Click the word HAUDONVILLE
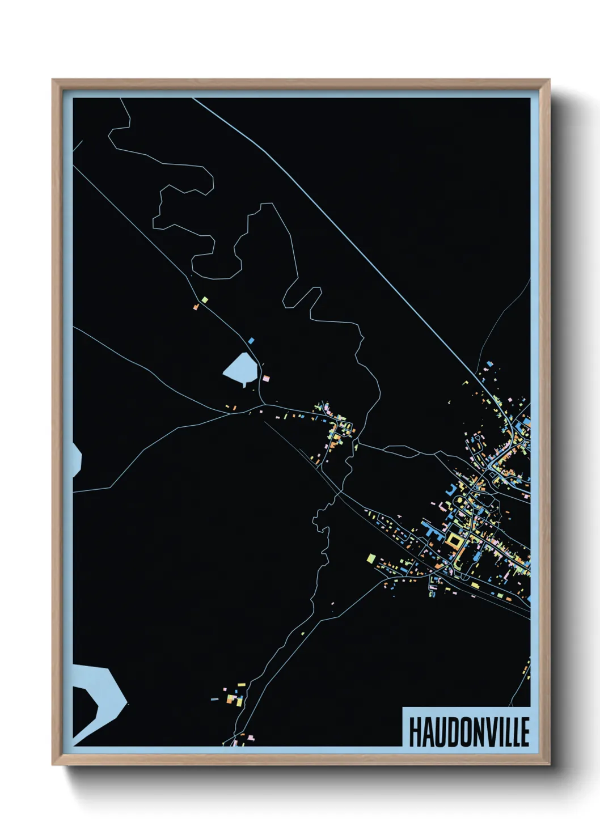tap(468, 731)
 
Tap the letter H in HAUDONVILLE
tap(413, 732)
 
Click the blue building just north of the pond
tap(251, 341)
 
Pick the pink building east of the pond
tap(265, 378)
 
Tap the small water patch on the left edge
tap(77, 459)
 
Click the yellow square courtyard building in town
tap(454, 540)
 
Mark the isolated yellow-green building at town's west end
tap(371, 558)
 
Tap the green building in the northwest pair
tap(205, 299)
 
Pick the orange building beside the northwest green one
tap(196, 307)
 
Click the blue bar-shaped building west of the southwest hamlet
tap(214, 699)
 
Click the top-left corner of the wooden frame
tap(53, 80)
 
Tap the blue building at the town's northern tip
tap(490, 363)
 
